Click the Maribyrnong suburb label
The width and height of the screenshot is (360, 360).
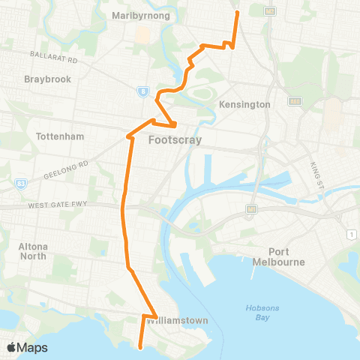click(140, 15)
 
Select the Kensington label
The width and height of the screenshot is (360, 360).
click(244, 104)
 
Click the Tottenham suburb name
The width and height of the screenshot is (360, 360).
click(60, 136)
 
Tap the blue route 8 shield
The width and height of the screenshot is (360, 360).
click(141, 91)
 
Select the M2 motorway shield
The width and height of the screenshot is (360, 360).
click(271, 10)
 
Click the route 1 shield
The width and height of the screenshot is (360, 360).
click(351, 235)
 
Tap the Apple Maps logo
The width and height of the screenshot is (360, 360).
click(26, 347)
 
